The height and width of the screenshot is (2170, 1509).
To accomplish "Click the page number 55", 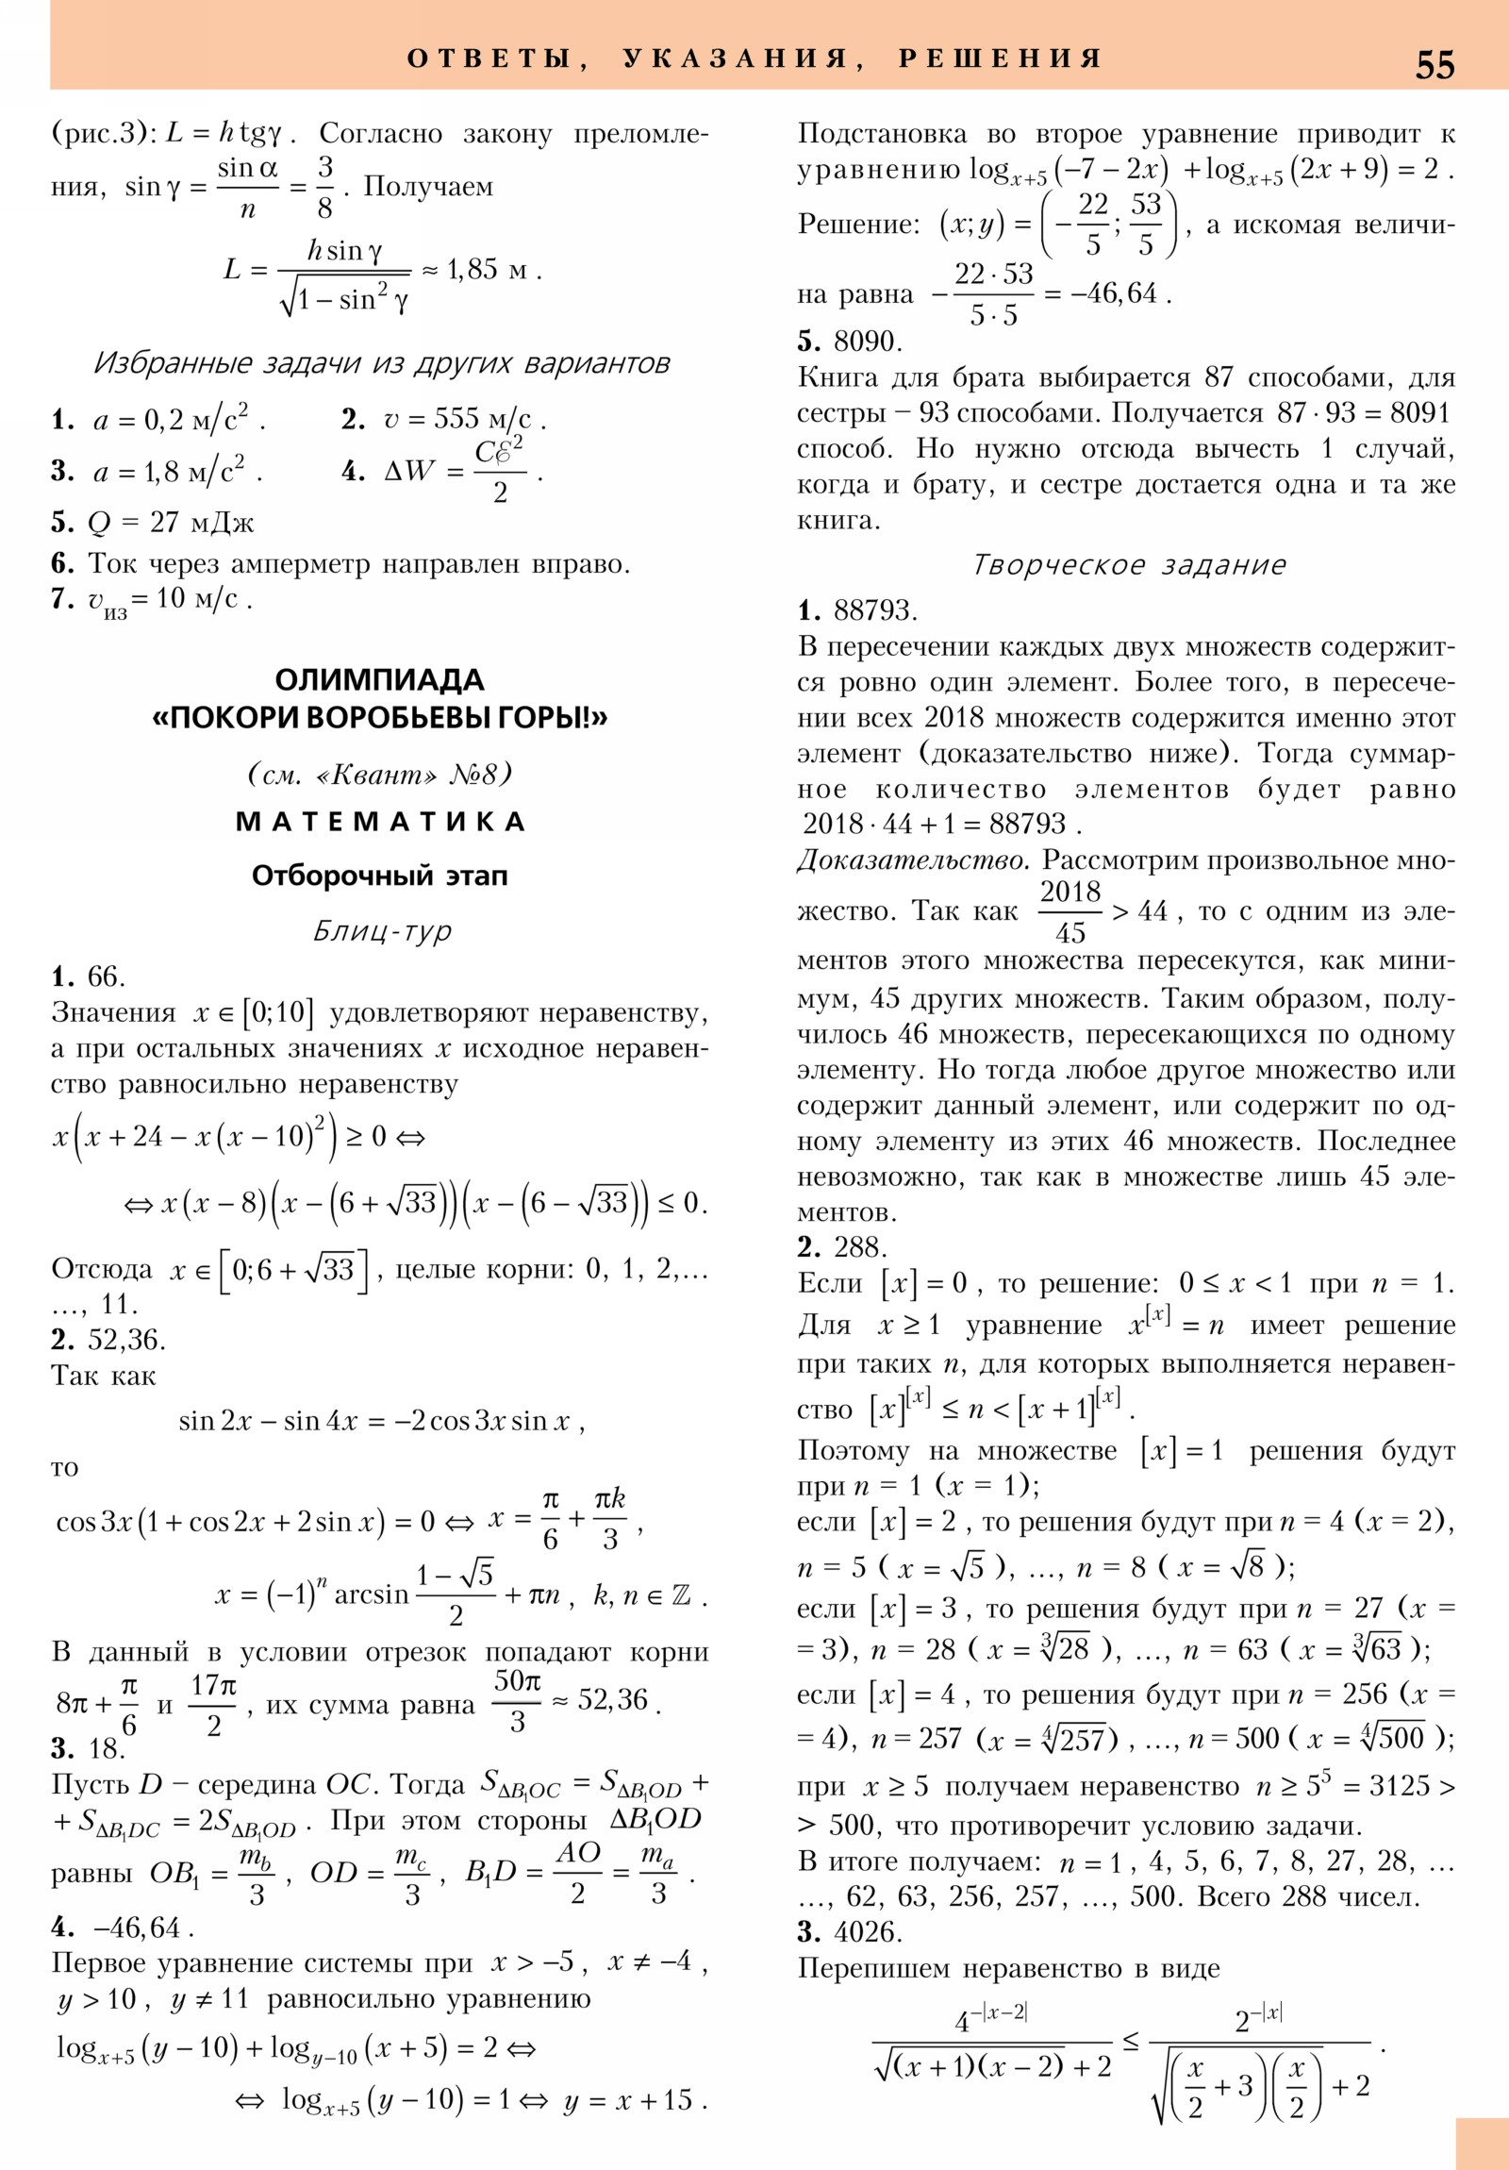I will (x=1434, y=64).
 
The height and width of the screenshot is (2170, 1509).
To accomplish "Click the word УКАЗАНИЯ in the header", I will (x=734, y=58).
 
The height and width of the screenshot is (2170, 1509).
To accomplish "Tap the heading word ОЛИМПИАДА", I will (x=379, y=678).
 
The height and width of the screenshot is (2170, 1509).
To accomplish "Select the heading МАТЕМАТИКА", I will (x=380, y=822).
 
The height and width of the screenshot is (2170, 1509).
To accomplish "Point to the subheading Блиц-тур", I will (x=382, y=931).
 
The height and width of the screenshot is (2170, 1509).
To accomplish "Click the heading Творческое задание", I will (x=1129, y=565).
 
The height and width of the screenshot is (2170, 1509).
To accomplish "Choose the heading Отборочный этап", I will (x=380, y=876).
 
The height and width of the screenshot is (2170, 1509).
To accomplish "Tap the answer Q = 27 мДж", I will (x=170, y=523).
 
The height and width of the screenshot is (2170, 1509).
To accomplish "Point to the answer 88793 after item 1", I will (x=874, y=611).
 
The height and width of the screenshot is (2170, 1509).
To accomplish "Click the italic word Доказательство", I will (x=913, y=861).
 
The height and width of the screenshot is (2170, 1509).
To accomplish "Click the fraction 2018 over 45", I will (x=1070, y=912).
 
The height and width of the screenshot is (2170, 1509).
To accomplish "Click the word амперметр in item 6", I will (x=301, y=564).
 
